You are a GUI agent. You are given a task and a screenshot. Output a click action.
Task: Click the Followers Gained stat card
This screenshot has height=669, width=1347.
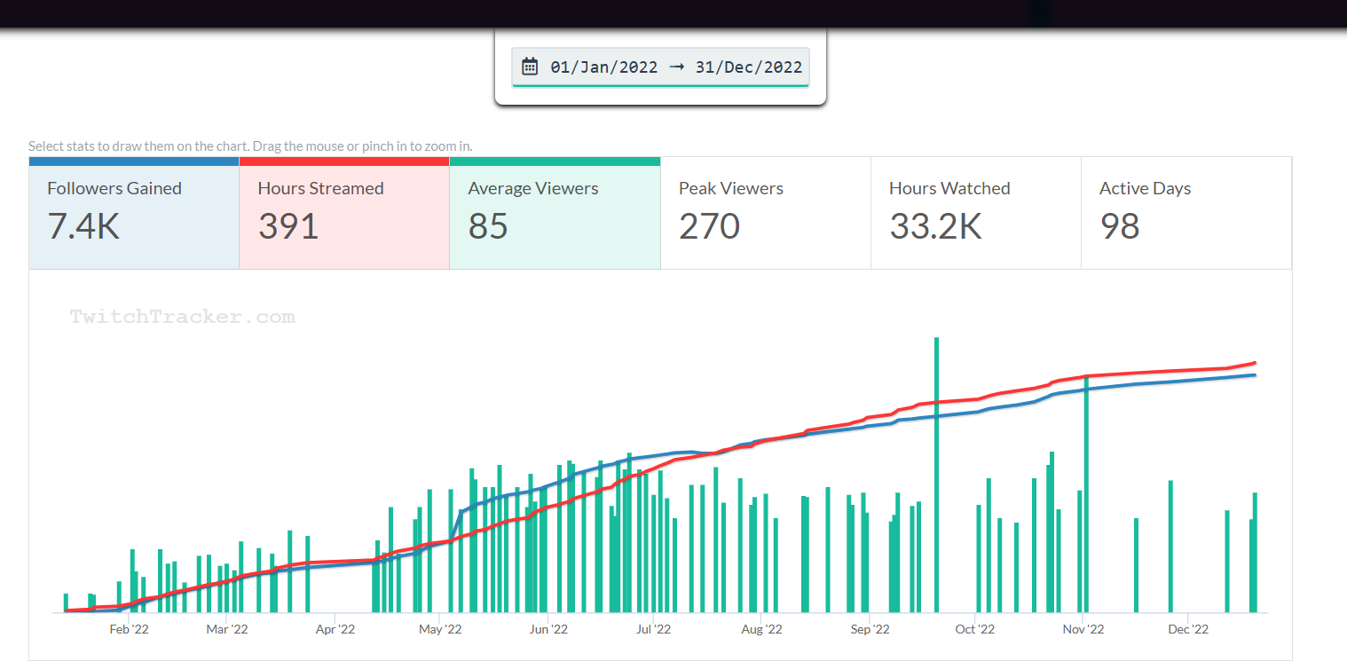point(133,213)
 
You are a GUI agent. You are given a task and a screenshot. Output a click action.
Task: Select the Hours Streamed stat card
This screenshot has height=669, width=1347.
point(343,213)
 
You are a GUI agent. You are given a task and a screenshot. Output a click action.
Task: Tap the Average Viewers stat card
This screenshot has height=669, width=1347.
point(555,213)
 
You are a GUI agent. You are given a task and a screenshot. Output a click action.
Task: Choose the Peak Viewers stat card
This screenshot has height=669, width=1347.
point(765,213)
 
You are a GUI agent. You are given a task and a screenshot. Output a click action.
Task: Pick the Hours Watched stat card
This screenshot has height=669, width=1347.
point(975,213)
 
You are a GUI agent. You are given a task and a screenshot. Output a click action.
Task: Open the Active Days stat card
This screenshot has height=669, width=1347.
point(1186,213)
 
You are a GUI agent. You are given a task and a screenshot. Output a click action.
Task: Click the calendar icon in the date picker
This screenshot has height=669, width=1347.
point(530,67)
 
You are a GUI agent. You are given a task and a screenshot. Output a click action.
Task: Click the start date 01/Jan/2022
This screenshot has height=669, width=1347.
point(604,67)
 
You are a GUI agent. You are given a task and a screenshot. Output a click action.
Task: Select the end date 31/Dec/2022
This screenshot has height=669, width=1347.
point(749,67)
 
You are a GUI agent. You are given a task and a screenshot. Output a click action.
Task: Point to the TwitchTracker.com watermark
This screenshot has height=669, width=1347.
point(183,318)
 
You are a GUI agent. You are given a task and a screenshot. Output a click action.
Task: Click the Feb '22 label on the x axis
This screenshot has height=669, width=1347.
point(129,630)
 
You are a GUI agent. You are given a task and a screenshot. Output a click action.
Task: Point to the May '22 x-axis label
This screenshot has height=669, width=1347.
point(440,630)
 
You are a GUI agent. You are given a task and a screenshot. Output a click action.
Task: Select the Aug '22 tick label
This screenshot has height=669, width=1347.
point(761,630)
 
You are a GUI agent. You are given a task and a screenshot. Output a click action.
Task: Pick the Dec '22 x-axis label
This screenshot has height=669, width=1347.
point(1188,630)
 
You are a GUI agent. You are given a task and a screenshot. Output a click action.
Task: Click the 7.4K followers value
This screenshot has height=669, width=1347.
point(83,227)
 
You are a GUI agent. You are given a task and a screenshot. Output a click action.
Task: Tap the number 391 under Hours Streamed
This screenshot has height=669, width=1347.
point(288,227)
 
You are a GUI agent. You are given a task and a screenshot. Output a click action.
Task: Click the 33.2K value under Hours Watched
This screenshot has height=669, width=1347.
point(935,227)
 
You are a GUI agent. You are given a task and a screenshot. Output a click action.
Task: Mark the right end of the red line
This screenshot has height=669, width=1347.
point(1255,362)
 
